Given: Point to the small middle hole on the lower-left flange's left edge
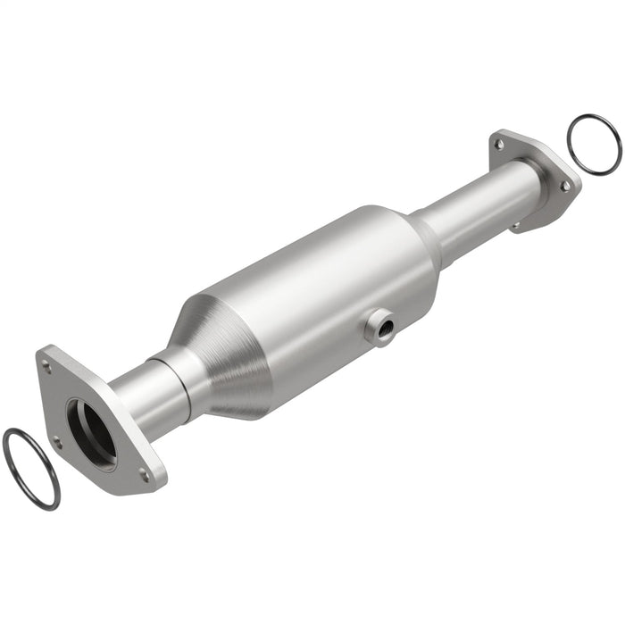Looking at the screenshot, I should coord(58,440).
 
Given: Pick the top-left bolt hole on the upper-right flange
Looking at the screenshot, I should coord(499,144).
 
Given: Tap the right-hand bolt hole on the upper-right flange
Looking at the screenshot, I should coord(564,186).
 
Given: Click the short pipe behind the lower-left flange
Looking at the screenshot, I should coord(143,393).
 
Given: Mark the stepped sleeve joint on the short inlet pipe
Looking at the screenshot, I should coord(174,371).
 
